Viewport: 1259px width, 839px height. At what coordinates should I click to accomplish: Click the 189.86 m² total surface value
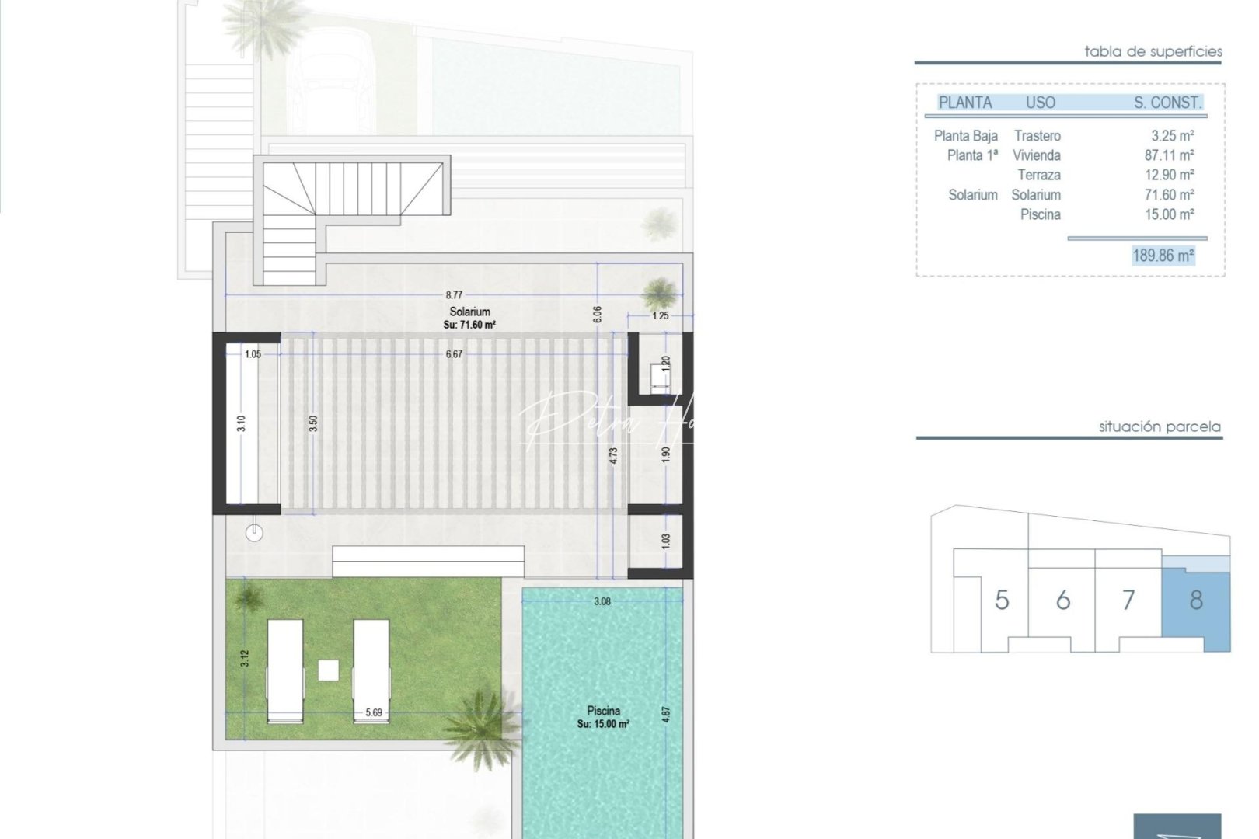pos(1163,256)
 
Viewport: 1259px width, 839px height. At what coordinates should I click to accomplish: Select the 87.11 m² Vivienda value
pos(1169,155)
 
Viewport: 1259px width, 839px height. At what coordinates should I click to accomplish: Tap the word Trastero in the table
pos(1037,136)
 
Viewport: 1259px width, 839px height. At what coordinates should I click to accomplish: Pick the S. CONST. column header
pos(1167,103)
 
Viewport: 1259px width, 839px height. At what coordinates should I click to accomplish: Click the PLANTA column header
pos(965,103)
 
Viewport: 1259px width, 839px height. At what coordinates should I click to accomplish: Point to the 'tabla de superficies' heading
pos(1153,52)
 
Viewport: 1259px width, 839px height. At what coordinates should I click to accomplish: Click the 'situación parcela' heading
pos(1160,426)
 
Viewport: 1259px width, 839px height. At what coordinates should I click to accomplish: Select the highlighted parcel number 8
pos(1196,600)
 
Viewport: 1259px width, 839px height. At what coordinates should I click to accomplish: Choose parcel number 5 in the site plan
pos(1002,600)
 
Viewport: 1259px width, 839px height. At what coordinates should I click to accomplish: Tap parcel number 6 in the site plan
pos(1063,600)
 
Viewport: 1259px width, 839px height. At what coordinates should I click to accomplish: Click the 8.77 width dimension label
pos(454,295)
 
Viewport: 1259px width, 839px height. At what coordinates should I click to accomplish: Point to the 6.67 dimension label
pos(454,354)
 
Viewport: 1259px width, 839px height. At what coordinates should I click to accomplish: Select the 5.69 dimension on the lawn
pos(374,712)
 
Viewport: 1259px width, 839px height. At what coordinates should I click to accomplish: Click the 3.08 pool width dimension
pos(602,601)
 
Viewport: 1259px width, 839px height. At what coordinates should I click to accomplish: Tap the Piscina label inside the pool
pos(603,711)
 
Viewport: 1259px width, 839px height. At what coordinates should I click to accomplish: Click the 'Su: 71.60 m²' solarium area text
pos(469,326)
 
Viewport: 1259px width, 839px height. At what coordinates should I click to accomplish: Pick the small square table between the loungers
pos(328,670)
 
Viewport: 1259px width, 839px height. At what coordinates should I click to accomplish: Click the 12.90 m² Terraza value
pos(1169,176)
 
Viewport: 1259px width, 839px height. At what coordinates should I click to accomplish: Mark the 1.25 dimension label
pos(660,316)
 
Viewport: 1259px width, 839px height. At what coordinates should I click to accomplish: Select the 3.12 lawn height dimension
pos(245,658)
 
